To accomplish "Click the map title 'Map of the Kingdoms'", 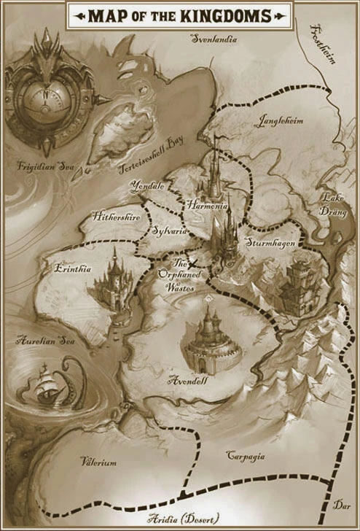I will click(179, 15).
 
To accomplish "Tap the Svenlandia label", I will click(214, 39).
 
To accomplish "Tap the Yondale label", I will click(148, 187).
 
